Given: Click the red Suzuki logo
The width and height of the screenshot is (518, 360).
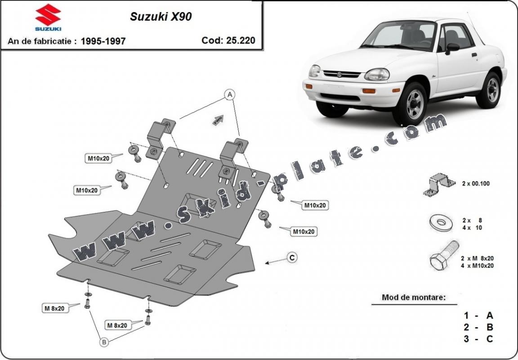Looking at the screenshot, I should [48, 17].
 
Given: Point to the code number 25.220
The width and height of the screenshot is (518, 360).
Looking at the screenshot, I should [241, 40].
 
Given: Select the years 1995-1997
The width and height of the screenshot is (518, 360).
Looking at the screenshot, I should [103, 41].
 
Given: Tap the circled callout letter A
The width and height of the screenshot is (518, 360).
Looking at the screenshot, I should [230, 95].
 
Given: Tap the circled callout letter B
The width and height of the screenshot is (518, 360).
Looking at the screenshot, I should [104, 342].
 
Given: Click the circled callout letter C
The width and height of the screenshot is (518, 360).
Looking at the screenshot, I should [292, 258].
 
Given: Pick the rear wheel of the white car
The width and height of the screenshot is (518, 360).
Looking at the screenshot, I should [492, 90].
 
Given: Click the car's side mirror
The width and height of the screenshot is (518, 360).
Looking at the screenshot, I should [451, 47].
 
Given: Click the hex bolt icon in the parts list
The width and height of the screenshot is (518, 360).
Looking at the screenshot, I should [443, 257].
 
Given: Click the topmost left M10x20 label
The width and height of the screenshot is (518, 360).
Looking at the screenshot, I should [98, 158].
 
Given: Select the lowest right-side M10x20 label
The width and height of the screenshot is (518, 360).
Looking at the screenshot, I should [304, 232].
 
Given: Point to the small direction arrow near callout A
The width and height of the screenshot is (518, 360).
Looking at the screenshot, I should [218, 120].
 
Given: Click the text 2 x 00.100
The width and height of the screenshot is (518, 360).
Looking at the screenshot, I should [476, 183].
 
